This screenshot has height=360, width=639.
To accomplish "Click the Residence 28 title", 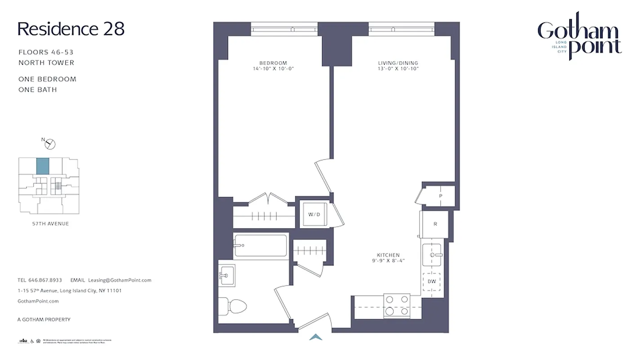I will click(71, 29).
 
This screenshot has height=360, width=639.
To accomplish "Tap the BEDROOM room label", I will click(273, 63).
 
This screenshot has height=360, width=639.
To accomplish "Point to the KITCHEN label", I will click(388, 255).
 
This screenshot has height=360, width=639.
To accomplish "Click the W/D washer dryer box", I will click(314, 214).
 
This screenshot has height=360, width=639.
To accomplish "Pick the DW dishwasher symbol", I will click(432, 281).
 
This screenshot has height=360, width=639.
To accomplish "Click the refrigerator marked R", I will click(435, 224).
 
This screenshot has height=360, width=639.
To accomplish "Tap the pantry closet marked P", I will click(440, 196).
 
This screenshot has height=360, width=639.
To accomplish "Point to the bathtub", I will click(260, 246).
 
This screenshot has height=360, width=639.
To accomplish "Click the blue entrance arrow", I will click(316, 337).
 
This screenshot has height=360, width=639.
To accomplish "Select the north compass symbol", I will click(50, 144).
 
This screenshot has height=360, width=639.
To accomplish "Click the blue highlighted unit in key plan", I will click(42, 166).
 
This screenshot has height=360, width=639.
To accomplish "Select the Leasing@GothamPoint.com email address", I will click(120, 280).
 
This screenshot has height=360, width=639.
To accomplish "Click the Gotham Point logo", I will click(579, 37).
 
